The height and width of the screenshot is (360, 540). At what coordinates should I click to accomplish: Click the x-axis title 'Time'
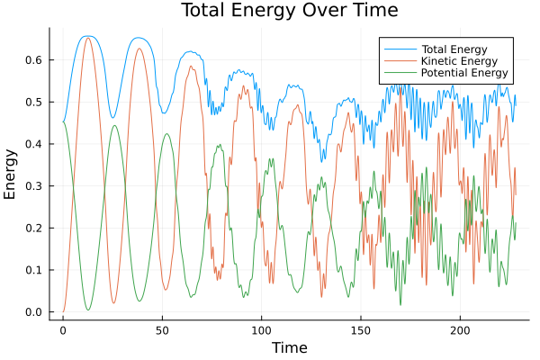click(x=289, y=347)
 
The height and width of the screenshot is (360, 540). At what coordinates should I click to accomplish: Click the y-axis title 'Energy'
click(x=11, y=174)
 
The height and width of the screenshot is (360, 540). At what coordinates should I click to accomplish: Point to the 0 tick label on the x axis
click(x=63, y=329)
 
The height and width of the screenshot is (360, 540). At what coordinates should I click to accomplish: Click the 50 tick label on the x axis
click(x=162, y=329)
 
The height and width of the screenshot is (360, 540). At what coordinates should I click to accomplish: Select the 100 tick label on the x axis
click(x=262, y=329)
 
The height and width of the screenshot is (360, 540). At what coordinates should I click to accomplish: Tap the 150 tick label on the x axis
click(x=361, y=329)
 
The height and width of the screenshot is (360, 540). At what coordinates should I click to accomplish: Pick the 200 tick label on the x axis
click(x=460, y=329)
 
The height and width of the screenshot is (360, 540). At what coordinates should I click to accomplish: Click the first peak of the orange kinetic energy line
click(x=87, y=38)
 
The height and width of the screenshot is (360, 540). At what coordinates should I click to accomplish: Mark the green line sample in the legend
click(x=400, y=73)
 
